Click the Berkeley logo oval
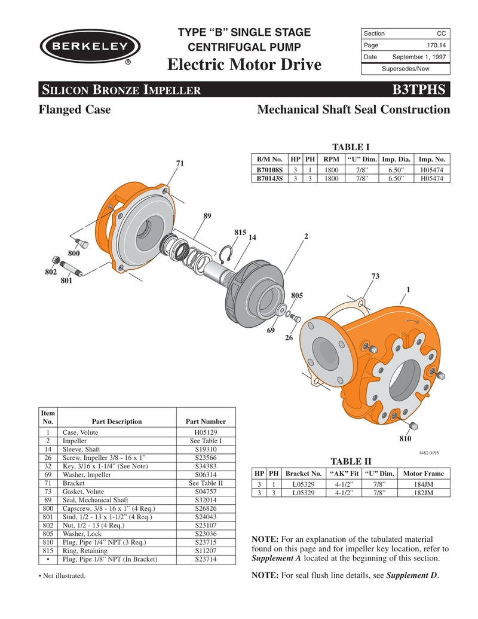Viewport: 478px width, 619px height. click(90, 47)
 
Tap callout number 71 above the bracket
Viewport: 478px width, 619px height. click(180, 163)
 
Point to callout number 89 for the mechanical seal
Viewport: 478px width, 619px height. click(207, 216)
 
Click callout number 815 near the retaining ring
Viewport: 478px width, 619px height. click(240, 232)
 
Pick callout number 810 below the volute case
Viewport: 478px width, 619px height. click(406, 439)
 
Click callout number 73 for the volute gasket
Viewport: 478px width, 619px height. click(375, 276)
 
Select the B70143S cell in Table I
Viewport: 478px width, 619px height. click(269, 178)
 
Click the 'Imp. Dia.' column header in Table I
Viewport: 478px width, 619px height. click(396, 160)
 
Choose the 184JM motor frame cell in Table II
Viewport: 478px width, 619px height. click(424, 484)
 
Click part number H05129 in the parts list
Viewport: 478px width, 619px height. click(206, 432)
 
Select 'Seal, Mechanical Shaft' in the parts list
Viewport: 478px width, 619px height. click(96, 500)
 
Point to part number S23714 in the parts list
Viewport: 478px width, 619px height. click(206, 559)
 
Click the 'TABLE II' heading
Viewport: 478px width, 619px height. click(351, 461)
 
